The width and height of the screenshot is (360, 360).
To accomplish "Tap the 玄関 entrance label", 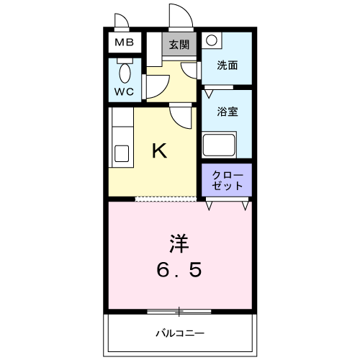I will click(x=179, y=44).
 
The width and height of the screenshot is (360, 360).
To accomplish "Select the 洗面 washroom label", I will click(x=228, y=65).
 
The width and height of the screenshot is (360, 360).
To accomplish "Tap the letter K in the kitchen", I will click(x=159, y=150).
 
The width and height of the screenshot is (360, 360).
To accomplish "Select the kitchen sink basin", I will click(x=122, y=154).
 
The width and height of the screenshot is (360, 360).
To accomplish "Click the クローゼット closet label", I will click(x=228, y=181).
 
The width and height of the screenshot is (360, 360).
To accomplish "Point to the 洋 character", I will click(x=179, y=242).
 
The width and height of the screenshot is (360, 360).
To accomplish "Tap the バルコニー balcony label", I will click(x=180, y=333).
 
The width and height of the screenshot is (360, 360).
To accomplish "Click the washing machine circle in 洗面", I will click(x=211, y=40).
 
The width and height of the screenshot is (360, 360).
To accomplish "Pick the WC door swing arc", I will click(x=156, y=86).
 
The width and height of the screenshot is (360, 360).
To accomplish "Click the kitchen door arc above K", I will click(x=180, y=114).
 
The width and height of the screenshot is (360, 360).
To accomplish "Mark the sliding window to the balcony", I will click(x=179, y=311).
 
